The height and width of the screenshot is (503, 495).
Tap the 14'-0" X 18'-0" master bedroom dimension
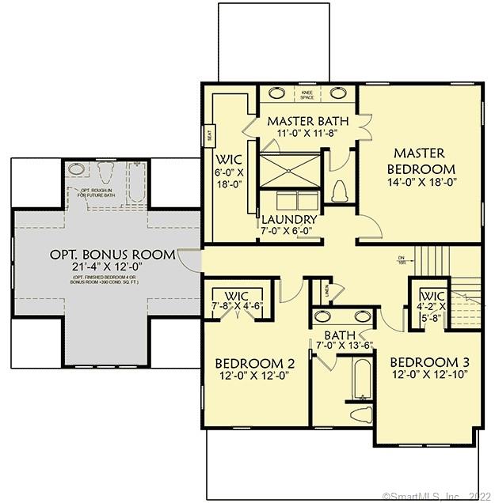pos(421,183)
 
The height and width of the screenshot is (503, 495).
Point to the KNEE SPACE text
pos(307,94)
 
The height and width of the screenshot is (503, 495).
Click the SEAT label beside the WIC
pos(208,136)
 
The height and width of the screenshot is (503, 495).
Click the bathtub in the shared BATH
pos(360,380)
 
